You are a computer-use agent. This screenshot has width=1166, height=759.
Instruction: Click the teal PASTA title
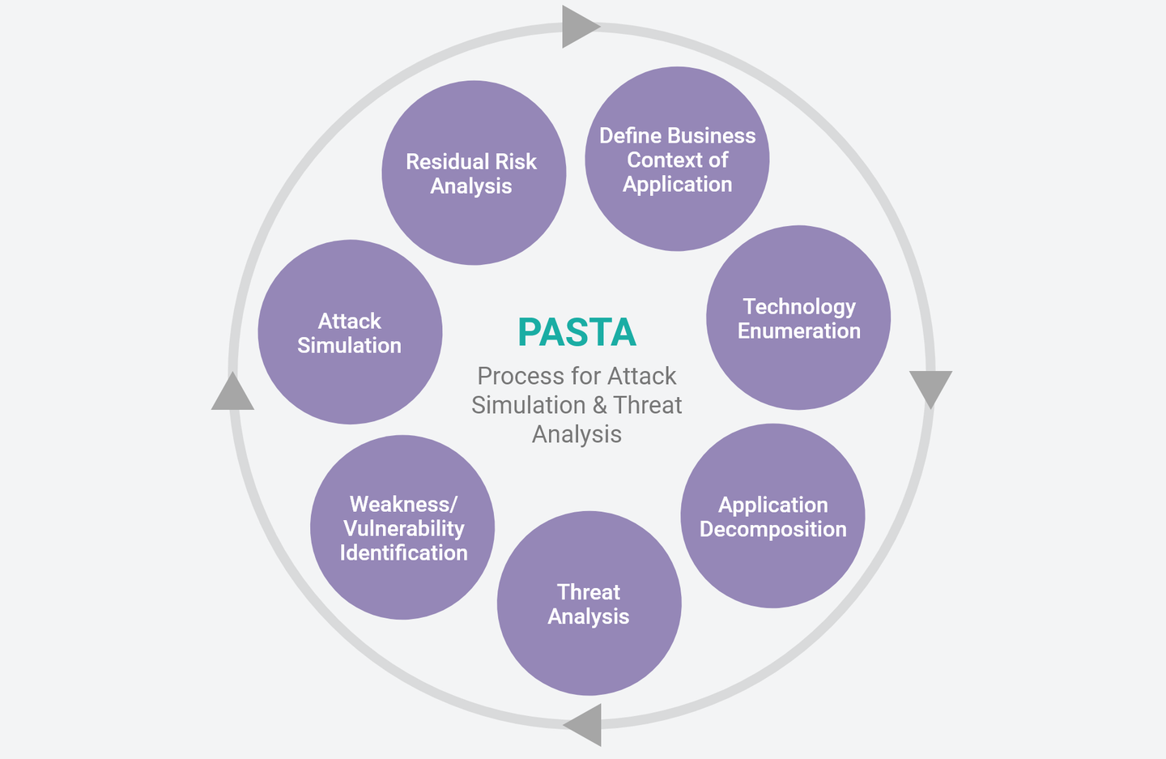[x=577, y=331]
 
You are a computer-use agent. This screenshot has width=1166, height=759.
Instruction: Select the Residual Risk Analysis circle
[x=474, y=173]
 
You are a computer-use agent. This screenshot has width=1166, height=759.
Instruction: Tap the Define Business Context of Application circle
[x=677, y=159]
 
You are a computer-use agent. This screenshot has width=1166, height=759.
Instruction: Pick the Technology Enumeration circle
[x=798, y=318]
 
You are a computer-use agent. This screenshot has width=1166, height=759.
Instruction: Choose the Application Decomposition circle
[x=773, y=516]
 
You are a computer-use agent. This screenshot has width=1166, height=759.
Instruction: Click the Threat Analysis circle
[x=589, y=603]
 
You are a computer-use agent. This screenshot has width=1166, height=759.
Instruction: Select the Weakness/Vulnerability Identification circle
[x=402, y=527]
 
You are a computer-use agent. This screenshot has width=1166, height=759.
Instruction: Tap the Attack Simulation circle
[x=351, y=332]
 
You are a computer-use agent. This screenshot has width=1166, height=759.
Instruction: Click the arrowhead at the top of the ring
[x=581, y=27]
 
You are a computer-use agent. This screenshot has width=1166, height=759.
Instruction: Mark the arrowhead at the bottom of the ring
[x=582, y=725]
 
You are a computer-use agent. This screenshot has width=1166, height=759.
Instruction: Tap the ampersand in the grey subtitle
[x=600, y=405]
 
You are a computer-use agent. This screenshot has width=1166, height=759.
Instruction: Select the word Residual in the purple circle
[x=440, y=161]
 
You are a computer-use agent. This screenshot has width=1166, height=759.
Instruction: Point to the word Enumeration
[x=799, y=331]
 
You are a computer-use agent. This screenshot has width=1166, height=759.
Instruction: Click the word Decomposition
[x=773, y=530]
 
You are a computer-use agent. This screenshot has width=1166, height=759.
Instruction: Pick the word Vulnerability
[x=404, y=529]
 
